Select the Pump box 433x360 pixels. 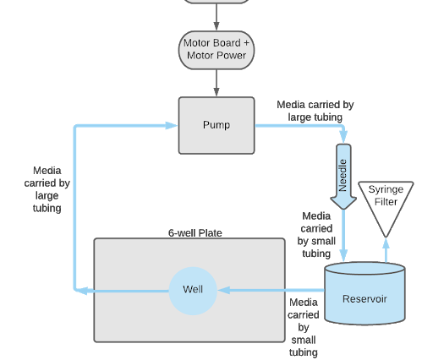216,125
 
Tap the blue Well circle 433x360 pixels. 193,290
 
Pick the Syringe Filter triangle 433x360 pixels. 386,203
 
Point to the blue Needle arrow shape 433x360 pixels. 343,181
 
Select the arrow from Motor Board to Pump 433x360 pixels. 216,83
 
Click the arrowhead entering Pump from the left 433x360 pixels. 173,125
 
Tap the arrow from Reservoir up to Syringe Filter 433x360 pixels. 386,249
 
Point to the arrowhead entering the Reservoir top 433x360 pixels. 343,255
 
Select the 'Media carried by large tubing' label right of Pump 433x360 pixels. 315,111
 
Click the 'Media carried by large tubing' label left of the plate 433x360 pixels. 47,188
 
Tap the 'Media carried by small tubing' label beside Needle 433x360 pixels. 315,234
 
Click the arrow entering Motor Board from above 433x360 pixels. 216,17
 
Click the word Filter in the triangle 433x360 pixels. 386,202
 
